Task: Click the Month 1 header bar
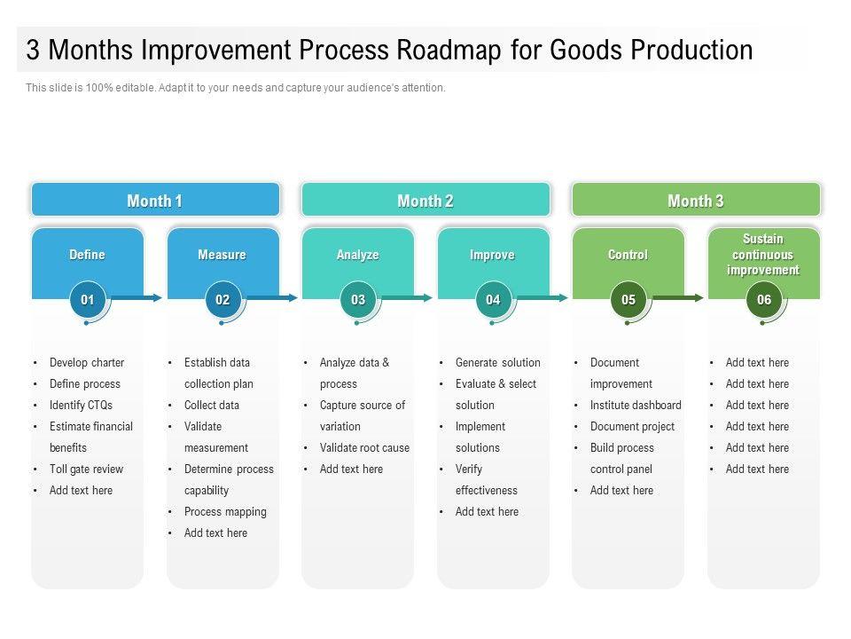(155, 201)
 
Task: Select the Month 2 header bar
(425, 201)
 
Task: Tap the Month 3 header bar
(696, 201)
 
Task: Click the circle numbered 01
(87, 300)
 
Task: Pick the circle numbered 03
(357, 300)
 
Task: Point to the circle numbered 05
(628, 300)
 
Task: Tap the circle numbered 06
(763, 300)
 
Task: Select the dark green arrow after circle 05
(678, 298)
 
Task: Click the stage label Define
(87, 255)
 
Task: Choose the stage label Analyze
(357, 255)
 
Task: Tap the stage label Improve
(492, 255)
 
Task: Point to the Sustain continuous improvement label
(763, 255)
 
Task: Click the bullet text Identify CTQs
(81, 406)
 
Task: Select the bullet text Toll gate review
(86, 469)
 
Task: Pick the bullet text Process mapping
(225, 512)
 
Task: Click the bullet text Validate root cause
(364, 448)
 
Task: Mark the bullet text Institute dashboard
(636, 406)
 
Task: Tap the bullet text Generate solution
(497, 363)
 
